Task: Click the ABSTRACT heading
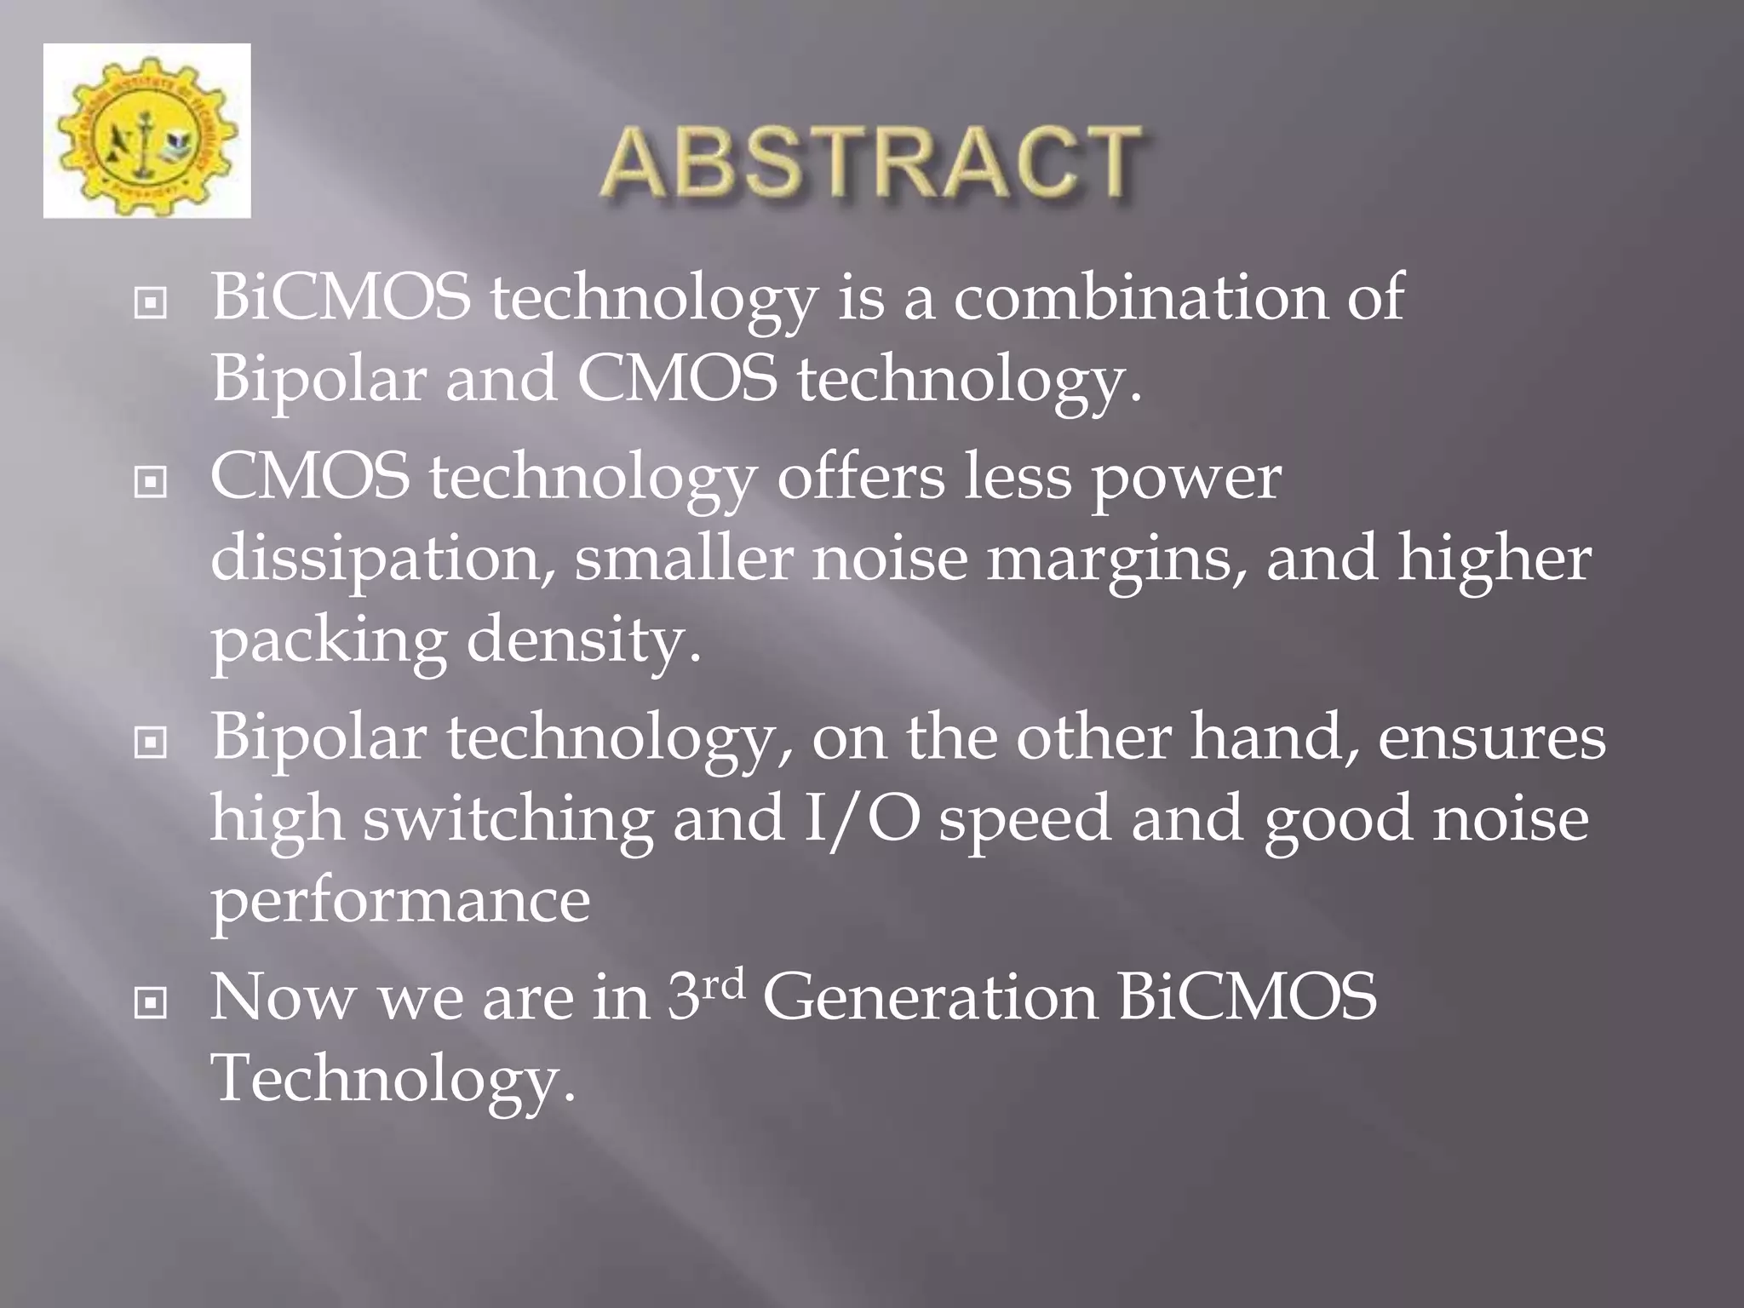[870, 163]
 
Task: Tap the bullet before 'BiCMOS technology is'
[151, 302]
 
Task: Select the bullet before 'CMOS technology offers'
[151, 483]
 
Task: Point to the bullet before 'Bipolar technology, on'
[151, 743]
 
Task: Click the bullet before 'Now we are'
[151, 1004]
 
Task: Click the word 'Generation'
[930, 998]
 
